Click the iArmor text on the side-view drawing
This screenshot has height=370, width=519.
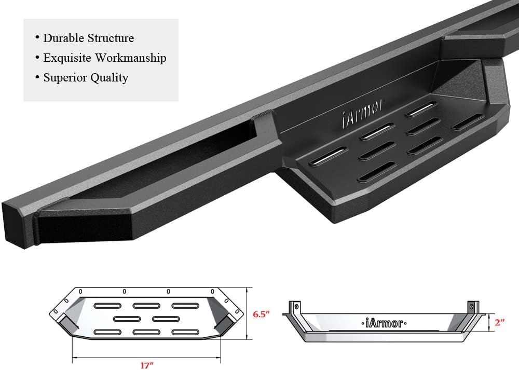tap(381, 323)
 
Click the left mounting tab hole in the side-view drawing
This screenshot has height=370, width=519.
tap(296, 307)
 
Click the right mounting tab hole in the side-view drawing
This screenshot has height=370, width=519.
tap(471, 307)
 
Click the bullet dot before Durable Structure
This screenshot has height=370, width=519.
tap(37, 38)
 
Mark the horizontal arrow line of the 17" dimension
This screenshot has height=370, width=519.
tap(146, 357)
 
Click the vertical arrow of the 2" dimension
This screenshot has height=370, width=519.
tap(490, 323)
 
